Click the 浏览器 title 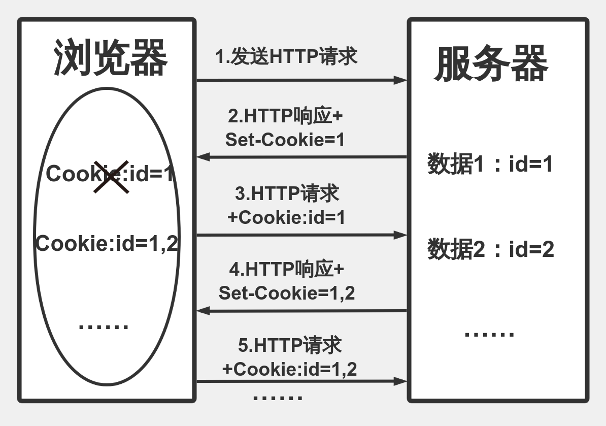point(111,59)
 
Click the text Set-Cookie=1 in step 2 point(285,140)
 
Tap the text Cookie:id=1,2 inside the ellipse point(107,244)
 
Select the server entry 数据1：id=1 point(490,165)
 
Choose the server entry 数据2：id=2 point(490,250)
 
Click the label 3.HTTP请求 point(287,194)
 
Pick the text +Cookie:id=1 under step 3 point(286,217)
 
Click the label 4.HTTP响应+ point(286,269)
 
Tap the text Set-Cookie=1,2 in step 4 point(287,293)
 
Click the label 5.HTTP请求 point(289,345)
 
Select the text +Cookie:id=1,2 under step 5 point(289,369)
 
